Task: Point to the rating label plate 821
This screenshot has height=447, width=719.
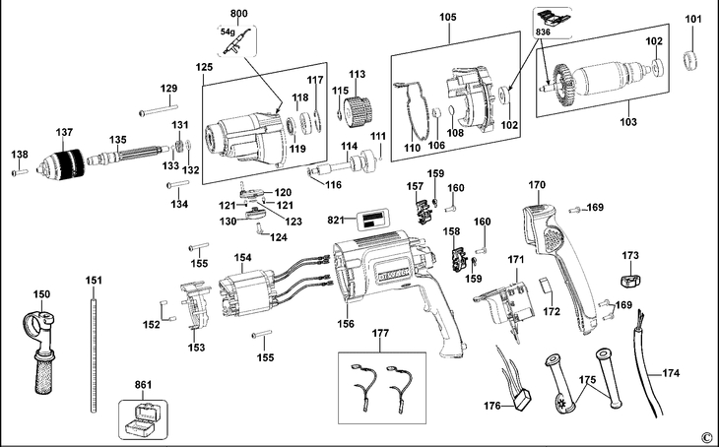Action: (x=372, y=221)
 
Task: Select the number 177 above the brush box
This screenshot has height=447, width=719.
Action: (x=380, y=335)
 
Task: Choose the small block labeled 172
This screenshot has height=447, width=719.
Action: (x=548, y=286)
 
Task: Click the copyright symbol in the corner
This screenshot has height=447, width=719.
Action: (x=706, y=436)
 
